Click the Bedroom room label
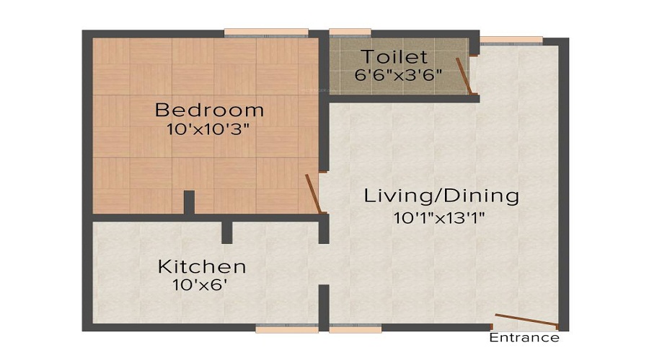[210, 110]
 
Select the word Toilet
[394, 56]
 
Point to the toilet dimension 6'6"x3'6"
[397, 74]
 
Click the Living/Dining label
[441, 196]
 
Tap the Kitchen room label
[202, 266]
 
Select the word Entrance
[524, 337]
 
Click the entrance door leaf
[526, 321]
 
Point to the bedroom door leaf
[313, 193]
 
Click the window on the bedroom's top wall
[266, 32]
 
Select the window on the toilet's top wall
[350, 32]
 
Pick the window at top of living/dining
[511, 40]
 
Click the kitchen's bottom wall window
[286, 329]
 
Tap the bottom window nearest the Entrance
[355, 329]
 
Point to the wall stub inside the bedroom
[189, 202]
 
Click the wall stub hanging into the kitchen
[226, 232]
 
